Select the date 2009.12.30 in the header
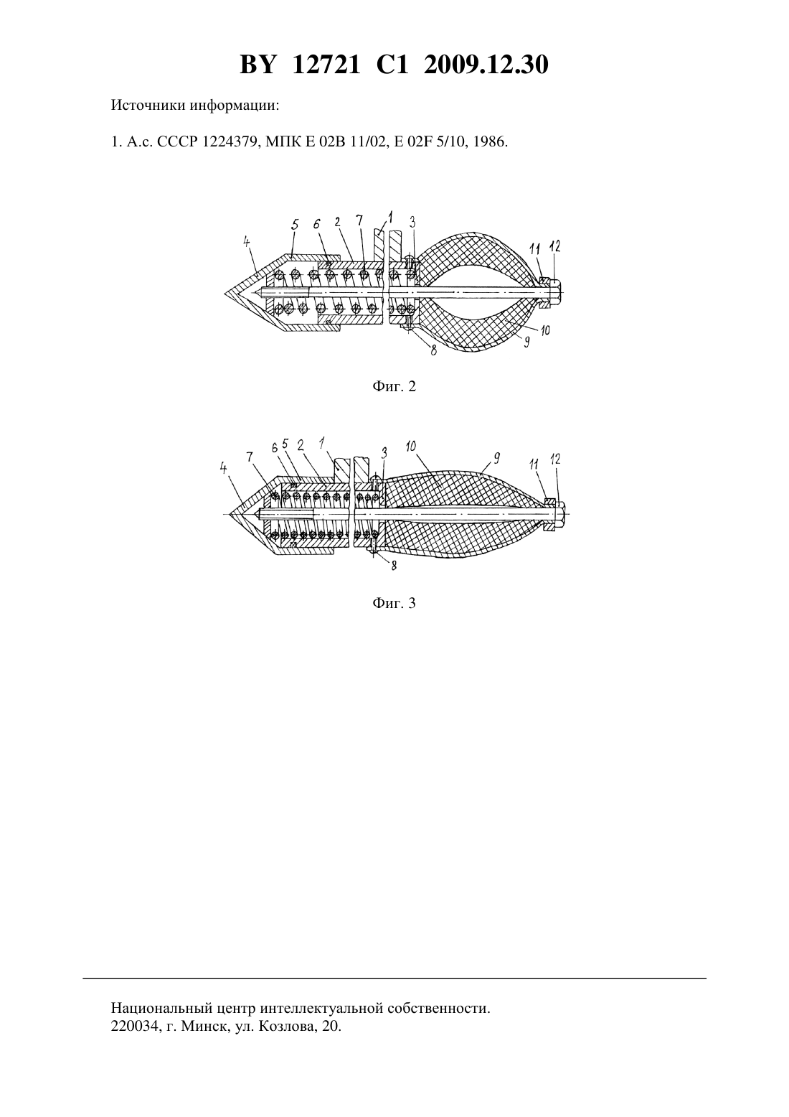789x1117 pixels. coord(486,65)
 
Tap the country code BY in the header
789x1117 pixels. coord(258,65)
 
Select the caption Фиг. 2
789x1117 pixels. coord(394,386)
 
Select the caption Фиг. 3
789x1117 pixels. coord(394,604)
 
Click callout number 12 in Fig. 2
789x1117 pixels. coord(554,246)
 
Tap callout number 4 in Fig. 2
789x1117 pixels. coord(247,242)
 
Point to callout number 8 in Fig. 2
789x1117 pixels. coord(433,350)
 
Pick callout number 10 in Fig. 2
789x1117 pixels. coord(545,330)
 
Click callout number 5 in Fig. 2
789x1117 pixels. coord(294,225)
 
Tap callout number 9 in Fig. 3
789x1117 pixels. coord(496,458)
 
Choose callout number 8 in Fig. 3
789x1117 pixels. coord(394,566)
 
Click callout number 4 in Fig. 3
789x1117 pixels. coord(224,468)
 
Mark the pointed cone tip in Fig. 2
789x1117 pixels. coord(226,292)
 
